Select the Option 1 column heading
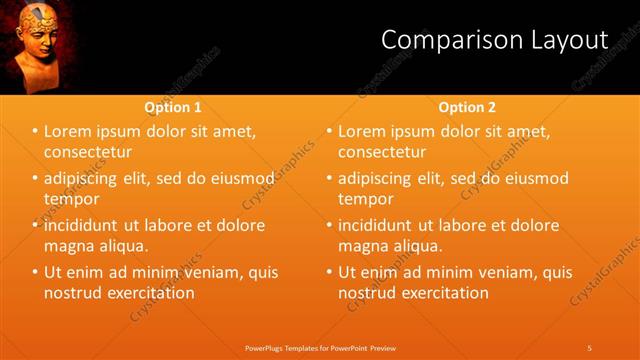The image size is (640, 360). (x=173, y=107)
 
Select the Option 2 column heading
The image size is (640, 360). (x=467, y=107)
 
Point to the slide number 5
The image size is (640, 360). (x=590, y=347)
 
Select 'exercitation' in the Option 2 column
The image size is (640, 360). (x=444, y=293)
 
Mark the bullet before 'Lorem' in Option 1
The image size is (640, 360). (x=35, y=132)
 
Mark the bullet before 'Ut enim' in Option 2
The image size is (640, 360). (x=329, y=272)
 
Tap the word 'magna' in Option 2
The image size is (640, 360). (x=363, y=245)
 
